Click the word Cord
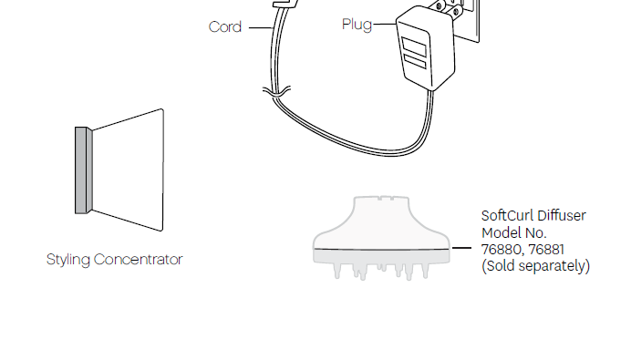pyautogui.click(x=225, y=27)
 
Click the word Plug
pyautogui.click(x=357, y=25)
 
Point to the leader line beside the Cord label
pyautogui.click(x=259, y=27)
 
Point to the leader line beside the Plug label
pyautogui.click(x=383, y=26)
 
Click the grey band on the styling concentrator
pyautogui.click(x=83, y=170)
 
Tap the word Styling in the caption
pyautogui.click(x=68, y=260)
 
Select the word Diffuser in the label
pyautogui.click(x=562, y=216)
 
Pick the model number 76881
pyautogui.click(x=544, y=250)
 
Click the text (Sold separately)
pyautogui.click(x=535, y=266)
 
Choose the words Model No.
pyautogui.click(x=513, y=233)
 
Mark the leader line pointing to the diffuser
pyautogui.click(x=464, y=249)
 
